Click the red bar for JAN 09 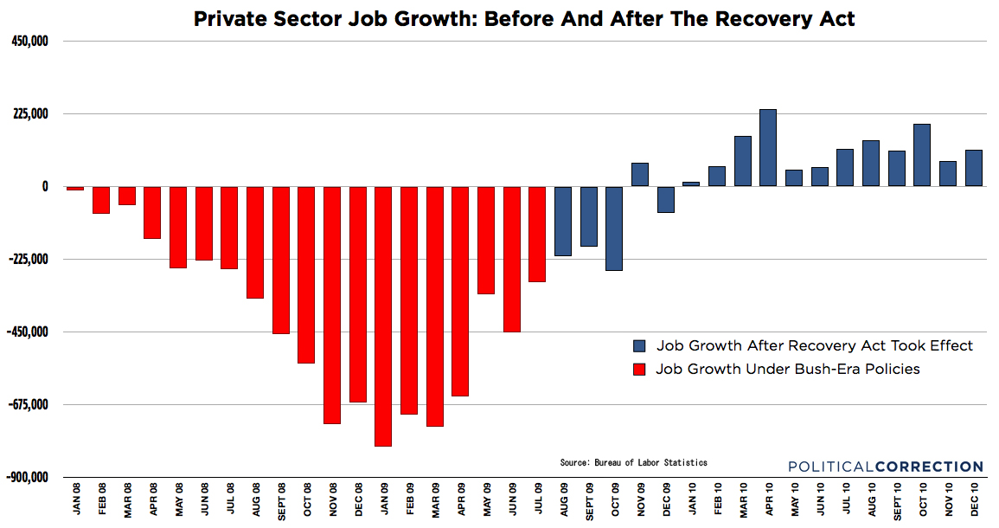coord(383,316)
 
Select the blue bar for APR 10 coord(768,148)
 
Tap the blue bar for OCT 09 coord(614,229)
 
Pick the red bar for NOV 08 coord(332,305)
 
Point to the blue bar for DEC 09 coord(665,199)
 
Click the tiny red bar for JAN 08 coord(75,188)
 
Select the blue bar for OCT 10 coord(922,155)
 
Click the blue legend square coord(640,345)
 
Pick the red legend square coord(640,370)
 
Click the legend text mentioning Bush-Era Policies coord(787,370)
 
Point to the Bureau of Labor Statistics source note coord(633,463)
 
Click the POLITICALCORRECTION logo coord(886,467)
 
